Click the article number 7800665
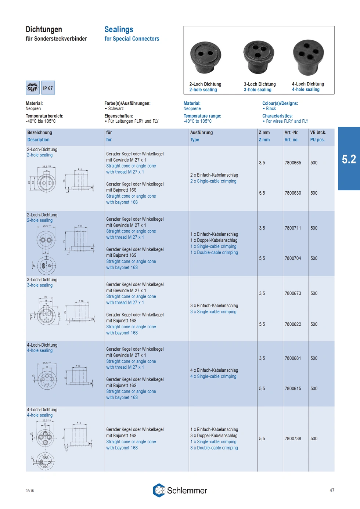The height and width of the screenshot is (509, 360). [x=293, y=163]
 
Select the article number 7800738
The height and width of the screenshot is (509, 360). [x=293, y=438]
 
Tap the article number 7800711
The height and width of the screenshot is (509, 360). [x=293, y=228]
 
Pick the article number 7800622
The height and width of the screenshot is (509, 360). [x=293, y=324]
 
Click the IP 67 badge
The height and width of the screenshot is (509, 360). [x=48, y=88]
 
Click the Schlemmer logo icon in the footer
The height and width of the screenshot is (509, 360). [x=159, y=490]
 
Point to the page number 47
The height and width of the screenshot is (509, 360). [x=332, y=490]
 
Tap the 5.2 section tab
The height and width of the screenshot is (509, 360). [x=349, y=159]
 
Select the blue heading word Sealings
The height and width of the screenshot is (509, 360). [x=119, y=29]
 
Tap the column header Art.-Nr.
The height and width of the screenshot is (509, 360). [x=291, y=133]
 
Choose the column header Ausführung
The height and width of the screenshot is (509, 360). [x=201, y=133]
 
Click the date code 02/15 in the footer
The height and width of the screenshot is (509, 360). [x=30, y=491]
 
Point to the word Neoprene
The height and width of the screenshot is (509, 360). [x=192, y=109]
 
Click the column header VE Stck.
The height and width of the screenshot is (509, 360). [x=318, y=133]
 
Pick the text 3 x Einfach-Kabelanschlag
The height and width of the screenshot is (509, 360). [x=214, y=306]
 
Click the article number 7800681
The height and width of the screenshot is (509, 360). [x=293, y=358]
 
